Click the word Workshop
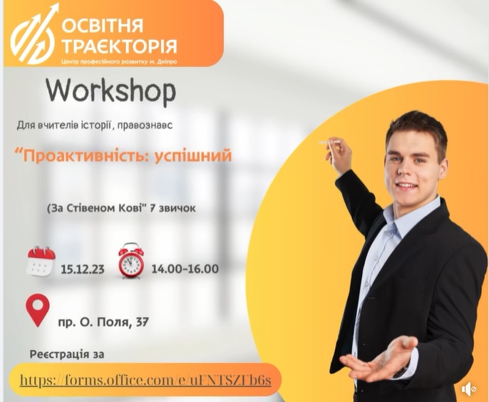[x=111, y=92]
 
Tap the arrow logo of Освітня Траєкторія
[x=35, y=33]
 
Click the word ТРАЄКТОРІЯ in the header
[x=120, y=46]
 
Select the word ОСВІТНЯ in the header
[x=103, y=26]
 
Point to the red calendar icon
[x=41, y=261]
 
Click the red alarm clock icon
[x=131, y=260]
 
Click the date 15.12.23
[x=83, y=269]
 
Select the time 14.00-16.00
[x=185, y=269]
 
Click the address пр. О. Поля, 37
[x=103, y=321]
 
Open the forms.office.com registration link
[x=145, y=380]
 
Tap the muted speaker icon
[x=469, y=389]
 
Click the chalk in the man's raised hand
[x=329, y=143]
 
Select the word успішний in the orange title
[x=193, y=155]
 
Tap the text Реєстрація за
[x=67, y=354]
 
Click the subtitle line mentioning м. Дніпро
[x=119, y=61]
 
